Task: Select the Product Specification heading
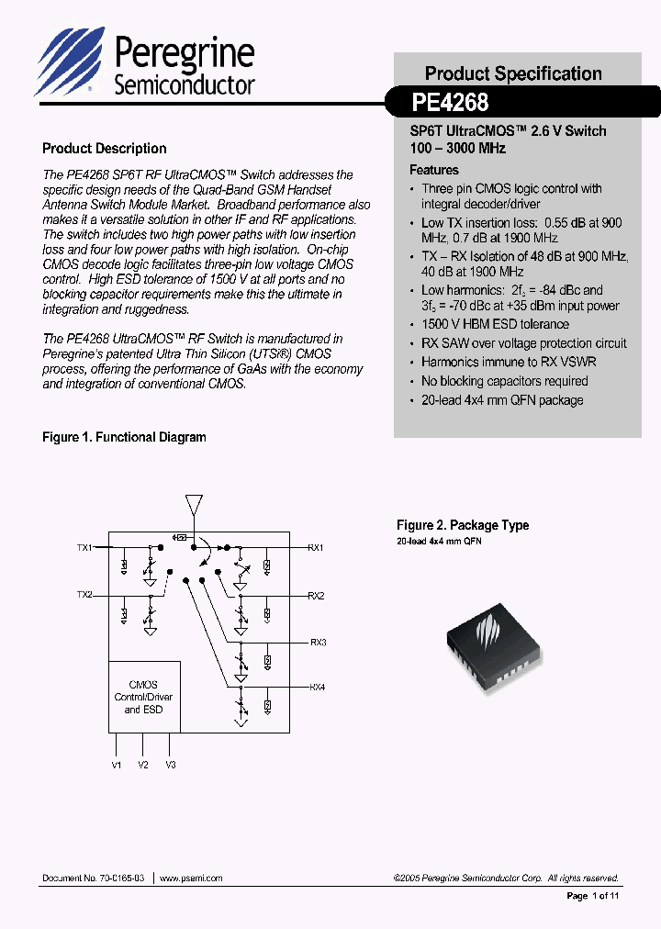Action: coord(513,73)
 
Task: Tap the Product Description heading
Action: coord(105,149)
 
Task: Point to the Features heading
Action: coord(433,170)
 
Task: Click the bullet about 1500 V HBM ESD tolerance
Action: coord(495,324)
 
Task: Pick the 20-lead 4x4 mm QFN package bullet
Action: coord(502,400)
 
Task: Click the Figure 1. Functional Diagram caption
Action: coord(124,438)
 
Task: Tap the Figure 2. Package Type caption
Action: coord(463,525)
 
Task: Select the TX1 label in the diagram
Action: coord(84,548)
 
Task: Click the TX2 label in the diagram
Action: coord(84,595)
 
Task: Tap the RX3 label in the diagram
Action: coord(318,642)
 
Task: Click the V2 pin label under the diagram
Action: coord(143,764)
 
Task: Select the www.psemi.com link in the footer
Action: coord(191,878)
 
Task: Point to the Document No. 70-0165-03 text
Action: coord(93,878)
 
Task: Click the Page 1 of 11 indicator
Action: coord(593,896)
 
